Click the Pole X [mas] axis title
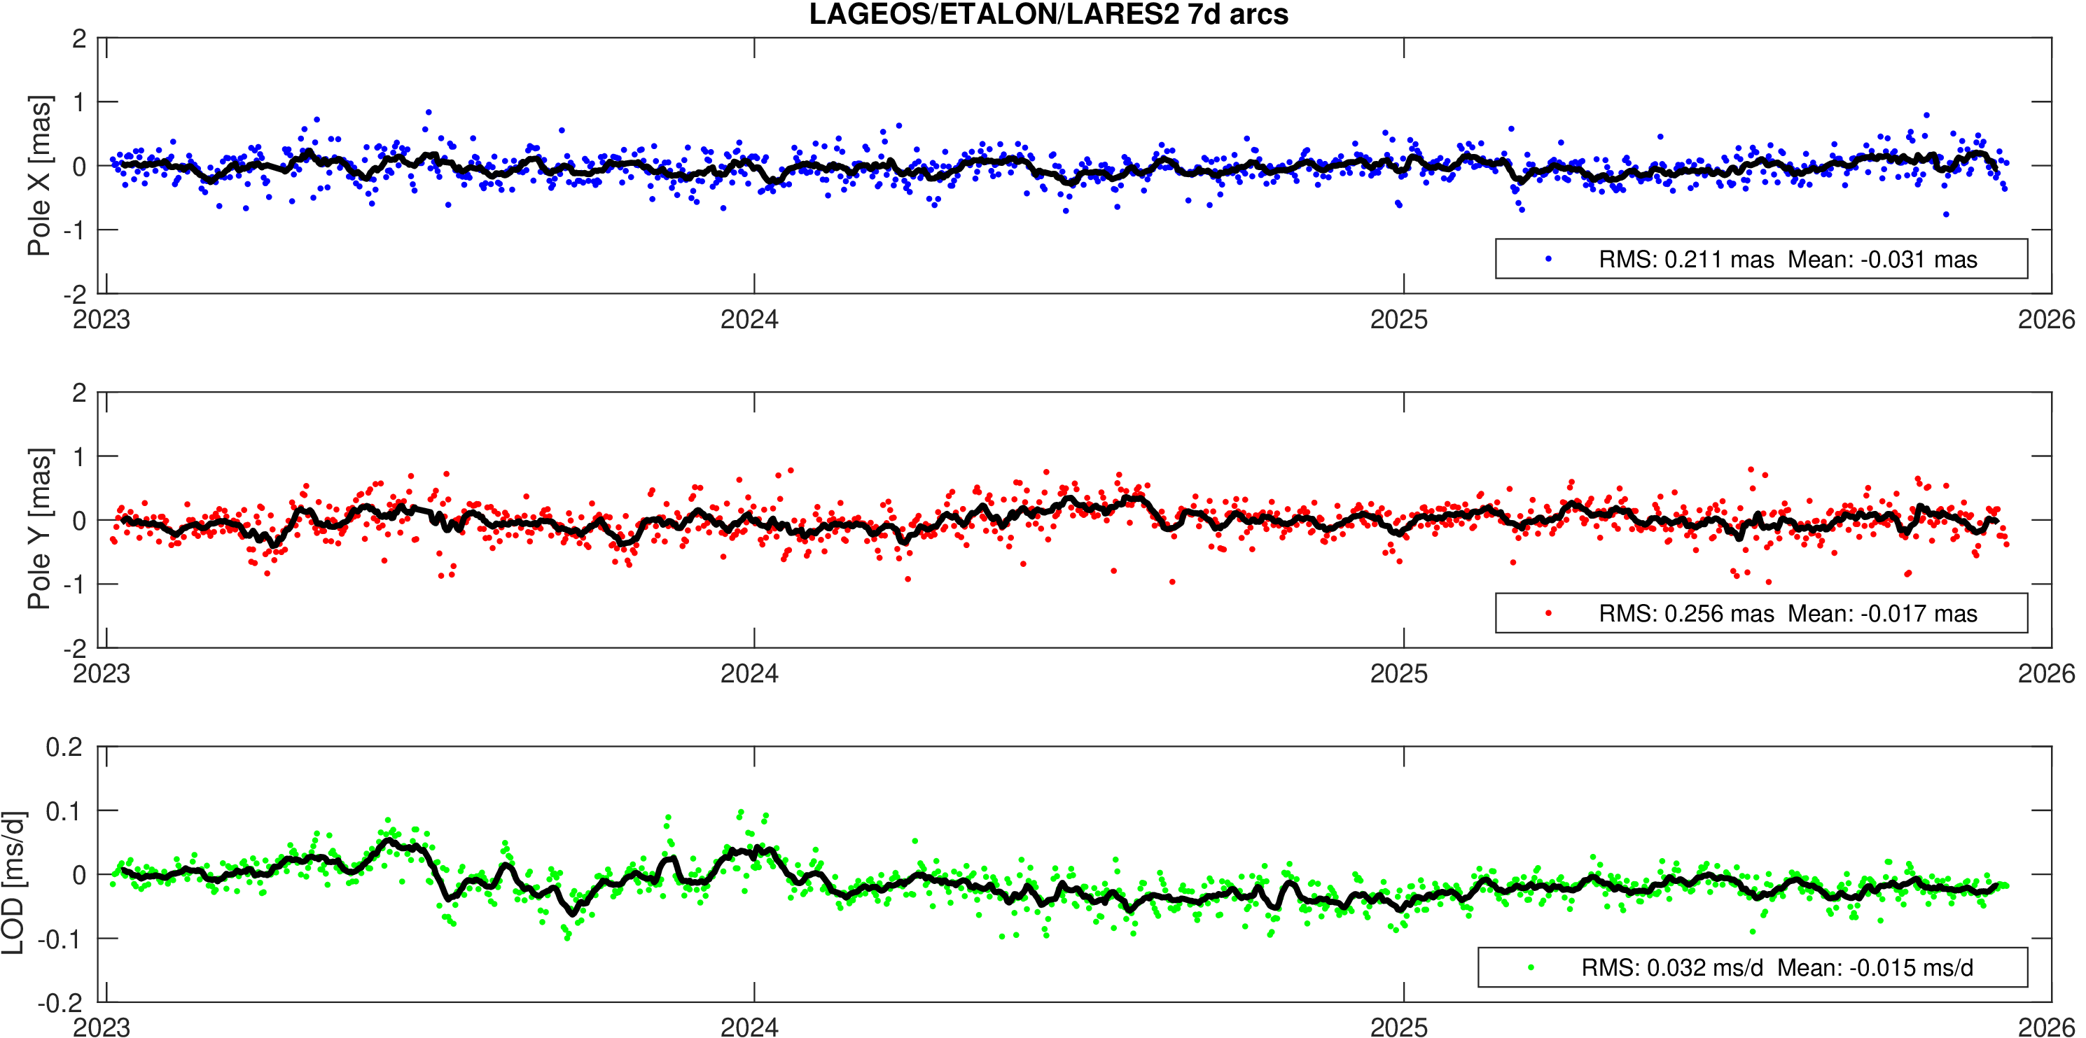39,176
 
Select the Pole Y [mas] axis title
39,528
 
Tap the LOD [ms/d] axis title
13,883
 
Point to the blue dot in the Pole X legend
1548,259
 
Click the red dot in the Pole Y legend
1548,614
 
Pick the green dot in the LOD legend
1531,967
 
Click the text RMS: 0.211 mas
1686,260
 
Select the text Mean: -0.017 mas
1882,614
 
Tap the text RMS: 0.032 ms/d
1671,969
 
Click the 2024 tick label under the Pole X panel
749,320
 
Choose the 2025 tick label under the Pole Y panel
1398,673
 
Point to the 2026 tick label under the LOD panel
2046,1028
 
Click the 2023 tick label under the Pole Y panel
102,673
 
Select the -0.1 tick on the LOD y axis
61,939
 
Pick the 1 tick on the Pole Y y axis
79,456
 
